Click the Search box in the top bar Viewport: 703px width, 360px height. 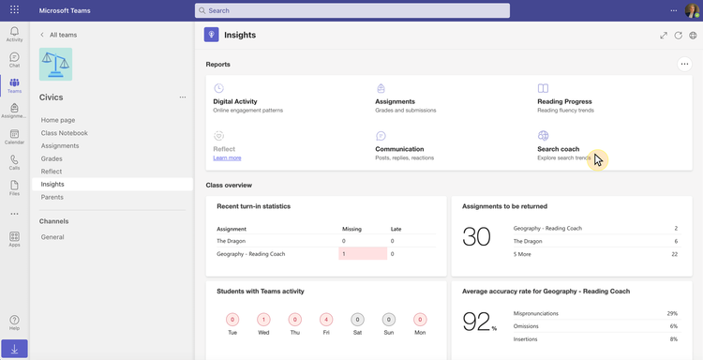[x=351, y=10]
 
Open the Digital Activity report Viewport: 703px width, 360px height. [x=235, y=101]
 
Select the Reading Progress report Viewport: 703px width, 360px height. [x=564, y=101]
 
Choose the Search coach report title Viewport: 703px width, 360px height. [x=558, y=149]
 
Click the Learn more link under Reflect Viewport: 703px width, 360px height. [x=227, y=157]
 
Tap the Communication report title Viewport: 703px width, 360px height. [x=399, y=149]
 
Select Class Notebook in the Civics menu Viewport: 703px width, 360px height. [x=65, y=133]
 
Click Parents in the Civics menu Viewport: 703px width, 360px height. [x=52, y=197]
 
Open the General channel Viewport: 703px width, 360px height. [x=52, y=237]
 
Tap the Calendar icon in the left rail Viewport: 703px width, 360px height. [x=14, y=136]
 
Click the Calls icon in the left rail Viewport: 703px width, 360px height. [x=14, y=161]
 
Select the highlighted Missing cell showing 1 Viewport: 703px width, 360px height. [x=362, y=254]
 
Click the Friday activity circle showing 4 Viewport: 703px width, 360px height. [x=326, y=320]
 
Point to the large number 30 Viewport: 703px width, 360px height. [x=477, y=237]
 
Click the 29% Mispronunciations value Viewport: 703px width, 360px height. [x=671, y=313]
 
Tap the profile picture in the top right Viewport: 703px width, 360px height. [x=692, y=10]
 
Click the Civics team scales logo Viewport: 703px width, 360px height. [x=55, y=64]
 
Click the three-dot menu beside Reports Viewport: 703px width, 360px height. [x=684, y=65]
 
